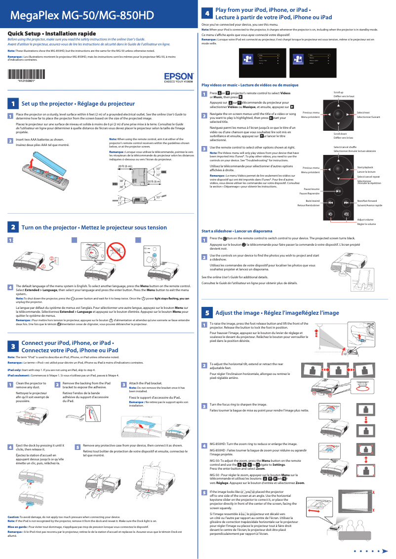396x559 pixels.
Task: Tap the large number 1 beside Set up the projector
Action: pyautogui.click(x=12, y=104)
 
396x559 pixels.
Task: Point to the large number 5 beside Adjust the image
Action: pyautogui.click(x=207, y=313)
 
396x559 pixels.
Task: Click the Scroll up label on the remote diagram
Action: pyautogui.click(x=338, y=92)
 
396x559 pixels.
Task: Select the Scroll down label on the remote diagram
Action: pyautogui.click(x=340, y=134)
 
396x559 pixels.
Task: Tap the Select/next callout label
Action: pyautogui.click(x=363, y=113)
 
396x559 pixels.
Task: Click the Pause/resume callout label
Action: pyautogui.click(x=312, y=189)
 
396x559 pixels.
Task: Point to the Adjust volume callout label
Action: pyautogui.click(x=365, y=219)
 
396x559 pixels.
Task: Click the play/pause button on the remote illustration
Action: pyautogui.click(x=338, y=192)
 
